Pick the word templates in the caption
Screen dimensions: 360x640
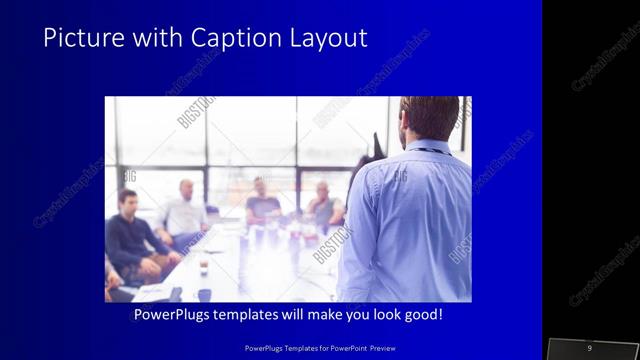pyautogui.click(x=255, y=314)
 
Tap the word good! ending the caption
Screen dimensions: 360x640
pyautogui.click(x=423, y=314)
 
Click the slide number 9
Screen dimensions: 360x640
pyautogui.click(x=589, y=347)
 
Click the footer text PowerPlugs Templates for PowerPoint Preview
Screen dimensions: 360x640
pyautogui.click(x=319, y=347)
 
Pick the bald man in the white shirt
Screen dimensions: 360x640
pyautogui.click(x=184, y=211)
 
